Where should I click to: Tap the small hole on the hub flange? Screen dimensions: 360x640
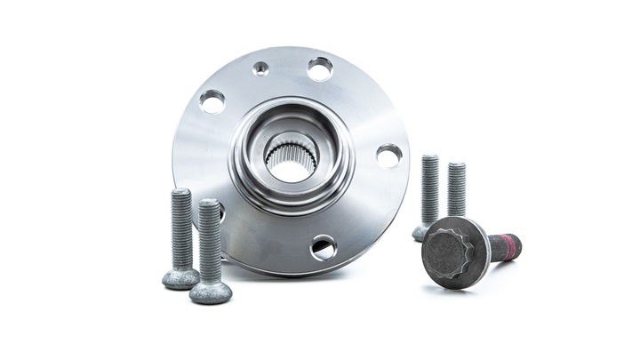[260, 68]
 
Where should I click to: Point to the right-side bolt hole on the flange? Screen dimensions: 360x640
[388, 154]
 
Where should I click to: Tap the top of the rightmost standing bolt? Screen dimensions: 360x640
[457, 166]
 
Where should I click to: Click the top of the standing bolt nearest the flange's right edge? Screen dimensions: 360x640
[430, 159]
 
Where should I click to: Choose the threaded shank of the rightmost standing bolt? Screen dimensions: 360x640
[457, 191]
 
